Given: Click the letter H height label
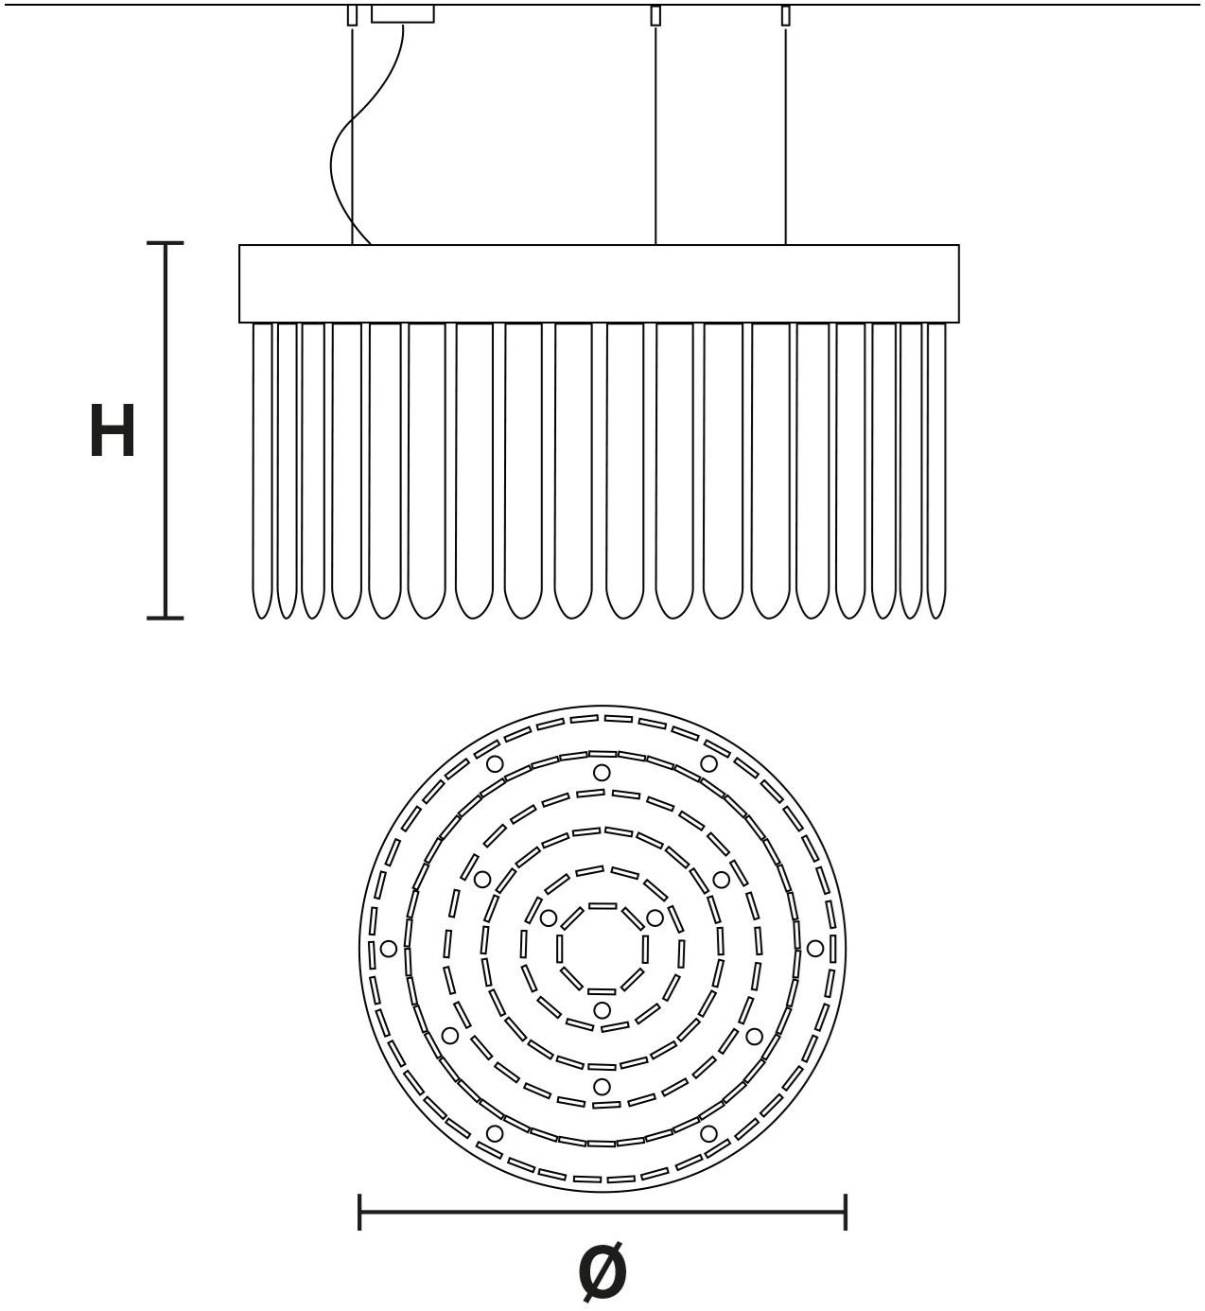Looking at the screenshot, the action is pos(113,430).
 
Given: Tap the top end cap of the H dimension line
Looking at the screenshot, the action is pos(165,243).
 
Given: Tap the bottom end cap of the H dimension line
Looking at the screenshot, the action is pos(165,617).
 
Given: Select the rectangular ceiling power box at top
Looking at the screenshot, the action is pos(403,14).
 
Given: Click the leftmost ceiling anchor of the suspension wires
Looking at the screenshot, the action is pos(353,16).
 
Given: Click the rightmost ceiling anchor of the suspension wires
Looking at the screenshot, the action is pos(785,16).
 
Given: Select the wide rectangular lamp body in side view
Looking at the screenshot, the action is pos(599,284).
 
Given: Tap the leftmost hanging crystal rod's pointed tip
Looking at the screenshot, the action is pos(262,617).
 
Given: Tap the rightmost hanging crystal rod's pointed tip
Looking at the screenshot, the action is pos(936,617).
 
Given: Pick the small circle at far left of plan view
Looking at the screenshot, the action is pos(389,948).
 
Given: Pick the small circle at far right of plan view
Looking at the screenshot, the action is pos(815,948).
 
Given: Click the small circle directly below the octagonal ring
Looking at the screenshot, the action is pos(602,1010).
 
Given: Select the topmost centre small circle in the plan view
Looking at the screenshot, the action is pos(602,773).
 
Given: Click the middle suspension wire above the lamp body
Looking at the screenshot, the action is pos(655,135).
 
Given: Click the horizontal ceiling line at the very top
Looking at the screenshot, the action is pos(602,5).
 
